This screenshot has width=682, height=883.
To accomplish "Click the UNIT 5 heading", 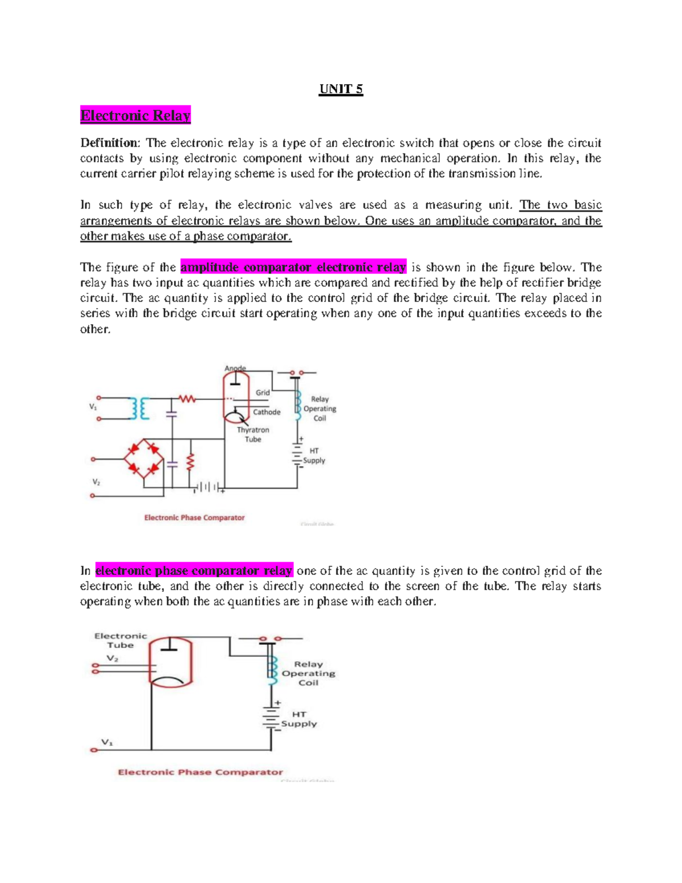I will coord(341,89).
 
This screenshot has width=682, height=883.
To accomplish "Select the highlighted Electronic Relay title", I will coord(135,115).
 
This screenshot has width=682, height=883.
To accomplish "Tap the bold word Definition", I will coord(109,143).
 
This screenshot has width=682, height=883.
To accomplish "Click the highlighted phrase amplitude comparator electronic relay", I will coord(293,267).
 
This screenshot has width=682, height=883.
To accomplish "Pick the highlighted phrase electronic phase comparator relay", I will coord(194,570).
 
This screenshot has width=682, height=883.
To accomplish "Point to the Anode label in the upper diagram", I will coord(235,368).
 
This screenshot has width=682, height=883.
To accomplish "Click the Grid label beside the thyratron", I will coord(263,392).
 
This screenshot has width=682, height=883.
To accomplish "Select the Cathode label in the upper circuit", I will coord(267,412).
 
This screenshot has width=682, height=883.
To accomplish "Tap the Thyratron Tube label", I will coord(253,434).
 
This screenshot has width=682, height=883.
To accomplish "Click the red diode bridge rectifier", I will coord(144,458).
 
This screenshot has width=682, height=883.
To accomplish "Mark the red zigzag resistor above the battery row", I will coord(191,462).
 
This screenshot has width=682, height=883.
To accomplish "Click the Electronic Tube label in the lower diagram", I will coord(120,640).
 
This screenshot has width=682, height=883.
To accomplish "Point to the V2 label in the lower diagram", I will coord(113,658).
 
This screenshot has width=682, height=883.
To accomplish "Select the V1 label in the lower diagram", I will coord(107,742).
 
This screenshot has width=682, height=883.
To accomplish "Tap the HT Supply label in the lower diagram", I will coord(299,719).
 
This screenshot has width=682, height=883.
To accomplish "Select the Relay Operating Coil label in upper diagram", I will coord(319,408).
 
